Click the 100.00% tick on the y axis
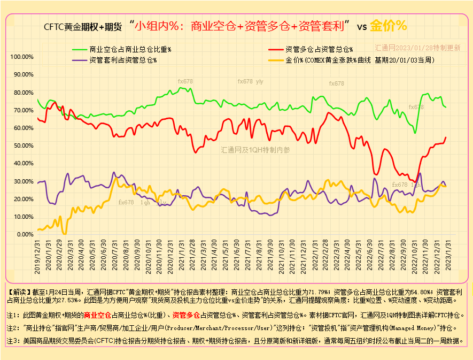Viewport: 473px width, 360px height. pos(21,57)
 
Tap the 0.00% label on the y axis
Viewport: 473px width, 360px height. pos(25,234)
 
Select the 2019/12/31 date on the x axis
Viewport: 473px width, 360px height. pos(37,256)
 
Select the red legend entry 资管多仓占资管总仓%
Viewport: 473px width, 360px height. pos(319,49)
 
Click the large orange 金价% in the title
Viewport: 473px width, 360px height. pos(389,26)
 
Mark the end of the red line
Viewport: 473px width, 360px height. pos(446,137)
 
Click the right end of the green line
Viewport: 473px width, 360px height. pos(446,107)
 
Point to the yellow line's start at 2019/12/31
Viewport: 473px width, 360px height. pos(37,229)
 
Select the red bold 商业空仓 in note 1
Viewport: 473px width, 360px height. pos(97,315)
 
